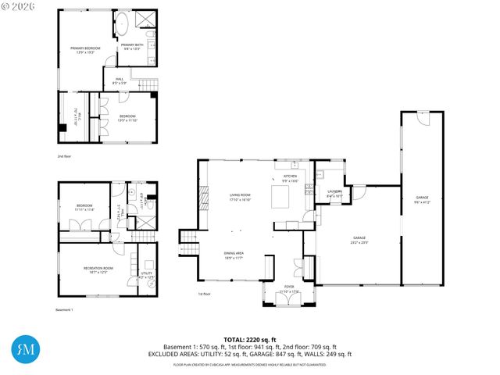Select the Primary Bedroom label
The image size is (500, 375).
click(x=81, y=51)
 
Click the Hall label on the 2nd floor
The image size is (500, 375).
click(x=120, y=80)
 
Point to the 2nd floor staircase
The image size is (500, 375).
click(x=146, y=84)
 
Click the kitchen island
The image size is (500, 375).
click(x=279, y=199)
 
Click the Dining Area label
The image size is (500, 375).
click(x=234, y=255)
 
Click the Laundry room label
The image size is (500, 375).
click(x=334, y=194)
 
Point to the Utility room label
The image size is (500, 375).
click(x=147, y=274)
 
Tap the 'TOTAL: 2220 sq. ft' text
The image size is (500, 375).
click(x=250, y=340)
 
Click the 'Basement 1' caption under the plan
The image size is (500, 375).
click(x=64, y=310)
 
